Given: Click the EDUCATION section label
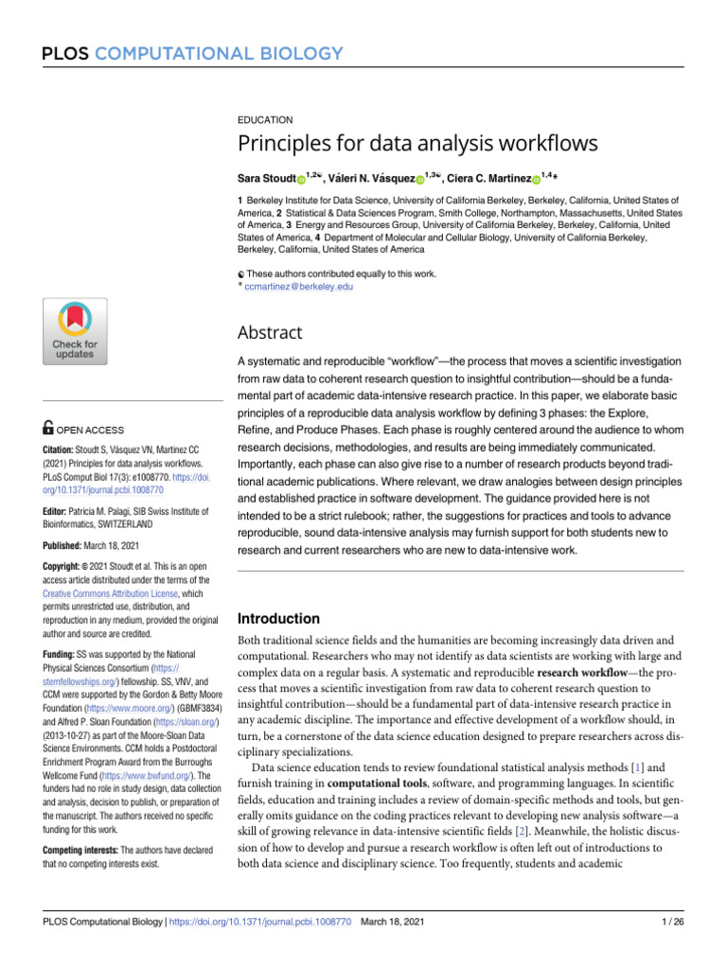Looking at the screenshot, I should [265, 120].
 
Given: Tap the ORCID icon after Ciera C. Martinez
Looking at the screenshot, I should [536, 178].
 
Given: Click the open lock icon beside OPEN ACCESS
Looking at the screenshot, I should [48, 429].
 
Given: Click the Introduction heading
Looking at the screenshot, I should [278, 619].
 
